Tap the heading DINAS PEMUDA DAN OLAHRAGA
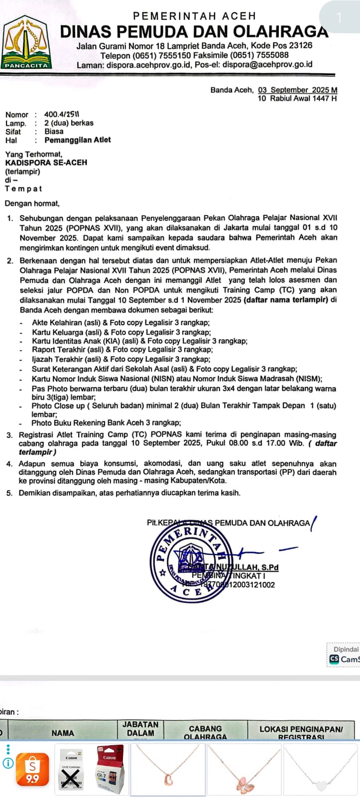194,31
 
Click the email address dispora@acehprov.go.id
267,64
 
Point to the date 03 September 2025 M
297,90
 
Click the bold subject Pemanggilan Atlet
78,140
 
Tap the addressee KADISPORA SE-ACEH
46,162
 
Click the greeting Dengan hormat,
32,203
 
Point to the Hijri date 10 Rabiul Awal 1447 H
297,99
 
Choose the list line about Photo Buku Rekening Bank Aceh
106,423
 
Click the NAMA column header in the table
63,733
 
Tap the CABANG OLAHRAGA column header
205,732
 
